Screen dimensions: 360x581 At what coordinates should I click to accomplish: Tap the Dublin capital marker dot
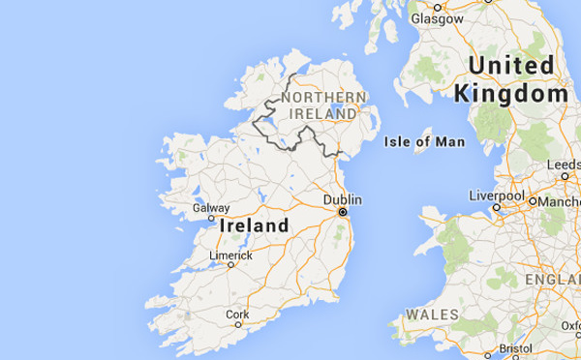(x=342, y=211)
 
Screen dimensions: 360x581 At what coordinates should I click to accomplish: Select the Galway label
(x=211, y=207)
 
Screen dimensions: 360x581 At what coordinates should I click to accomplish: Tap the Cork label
(x=236, y=315)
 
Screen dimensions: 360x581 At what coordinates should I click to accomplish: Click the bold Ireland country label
(x=255, y=225)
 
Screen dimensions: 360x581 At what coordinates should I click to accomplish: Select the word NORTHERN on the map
(x=323, y=97)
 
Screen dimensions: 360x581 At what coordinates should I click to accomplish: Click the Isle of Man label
(x=424, y=141)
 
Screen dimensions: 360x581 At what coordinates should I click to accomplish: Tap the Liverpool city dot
(x=496, y=206)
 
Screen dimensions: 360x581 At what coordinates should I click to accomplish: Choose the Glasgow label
(x=436, y=18)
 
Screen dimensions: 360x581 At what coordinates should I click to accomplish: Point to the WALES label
(x=432, y=315)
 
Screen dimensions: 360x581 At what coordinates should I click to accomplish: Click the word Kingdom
(x=510, y=94)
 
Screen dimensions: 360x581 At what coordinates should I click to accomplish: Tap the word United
(x=511, y=66)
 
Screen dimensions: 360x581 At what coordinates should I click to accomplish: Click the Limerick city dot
(x=230, y=264)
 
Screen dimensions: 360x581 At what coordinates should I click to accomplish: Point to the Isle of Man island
(x=421, y=147)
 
